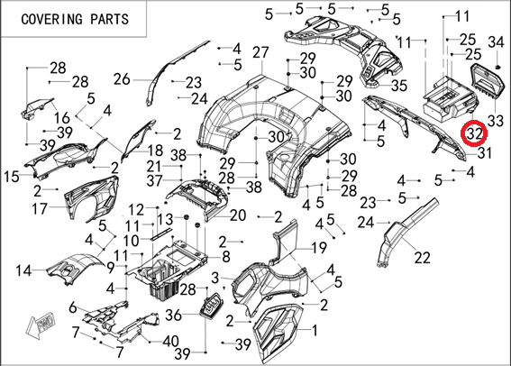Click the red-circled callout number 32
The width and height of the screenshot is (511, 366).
coord(473,133)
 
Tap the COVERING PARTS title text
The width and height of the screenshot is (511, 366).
coord(75,19)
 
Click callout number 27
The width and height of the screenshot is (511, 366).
coord(260,52)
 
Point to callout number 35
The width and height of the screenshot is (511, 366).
coord(399,86)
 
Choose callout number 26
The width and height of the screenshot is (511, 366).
coord(122,79)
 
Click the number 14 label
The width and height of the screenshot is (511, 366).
coord(23,270)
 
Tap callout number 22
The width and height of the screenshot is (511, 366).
coord(423,258)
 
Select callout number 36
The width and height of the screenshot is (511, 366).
coord(173,315)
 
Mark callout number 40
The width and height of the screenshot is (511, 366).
coord(170,342)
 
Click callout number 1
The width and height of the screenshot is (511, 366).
coord(315,331)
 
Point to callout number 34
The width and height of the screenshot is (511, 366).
coord(496,42)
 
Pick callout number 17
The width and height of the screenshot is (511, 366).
coord(40,208)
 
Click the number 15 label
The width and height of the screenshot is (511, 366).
coord(12,177)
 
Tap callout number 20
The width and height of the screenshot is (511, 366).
coord(238,215)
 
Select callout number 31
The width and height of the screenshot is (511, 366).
coord(484,152)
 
